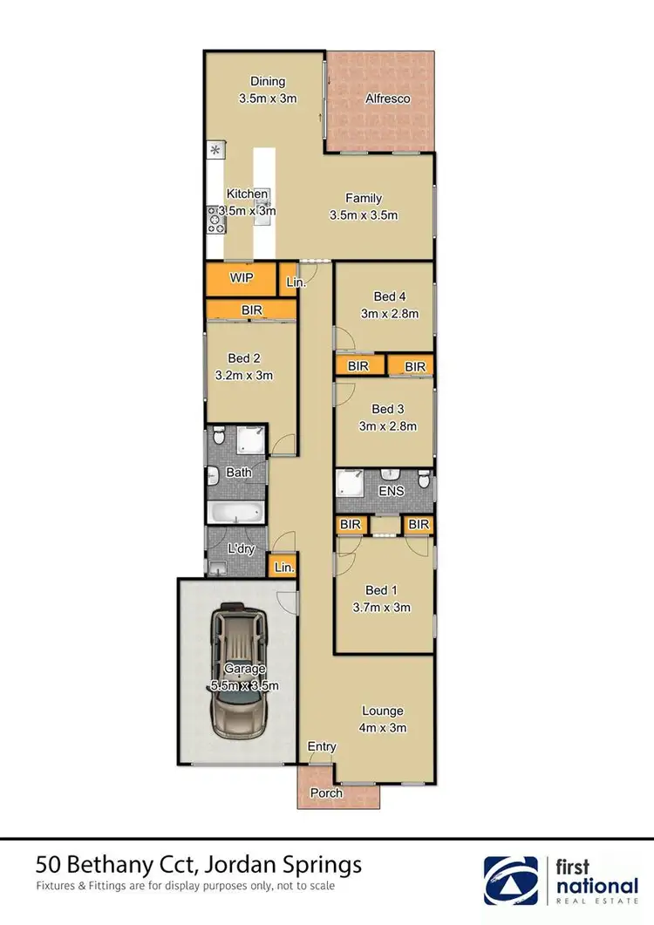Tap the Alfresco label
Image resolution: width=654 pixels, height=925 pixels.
coord(386,99)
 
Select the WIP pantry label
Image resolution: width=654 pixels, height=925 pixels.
coord(241,278)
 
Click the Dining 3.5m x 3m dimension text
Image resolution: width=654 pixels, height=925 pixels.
coord(268,99)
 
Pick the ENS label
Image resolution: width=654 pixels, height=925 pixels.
coord(392,492)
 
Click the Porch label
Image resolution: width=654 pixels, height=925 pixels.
coord(327,793)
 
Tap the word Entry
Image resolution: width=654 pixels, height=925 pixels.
coord(321,747)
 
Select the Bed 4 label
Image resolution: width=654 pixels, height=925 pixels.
coord(389,296)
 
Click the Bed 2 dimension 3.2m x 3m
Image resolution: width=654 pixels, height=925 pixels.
coord(244,376)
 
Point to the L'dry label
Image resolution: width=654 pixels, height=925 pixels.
coord(240,549)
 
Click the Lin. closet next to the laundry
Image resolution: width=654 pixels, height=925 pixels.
coord(284,567)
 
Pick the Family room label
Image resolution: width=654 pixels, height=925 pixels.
coord(364,198)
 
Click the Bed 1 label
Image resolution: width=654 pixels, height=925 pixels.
coord(381,590)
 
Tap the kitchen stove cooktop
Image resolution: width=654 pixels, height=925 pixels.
coord(215,220)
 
